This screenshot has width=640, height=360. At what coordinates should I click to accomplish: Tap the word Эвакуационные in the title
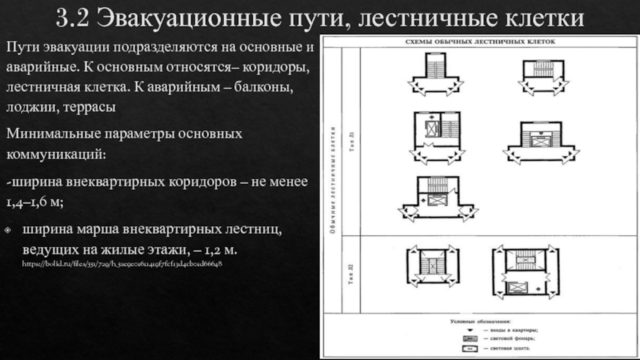coord(189,17)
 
